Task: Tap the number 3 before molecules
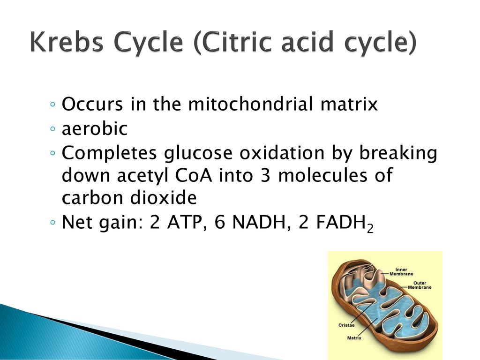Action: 270,176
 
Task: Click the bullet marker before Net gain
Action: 54,224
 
